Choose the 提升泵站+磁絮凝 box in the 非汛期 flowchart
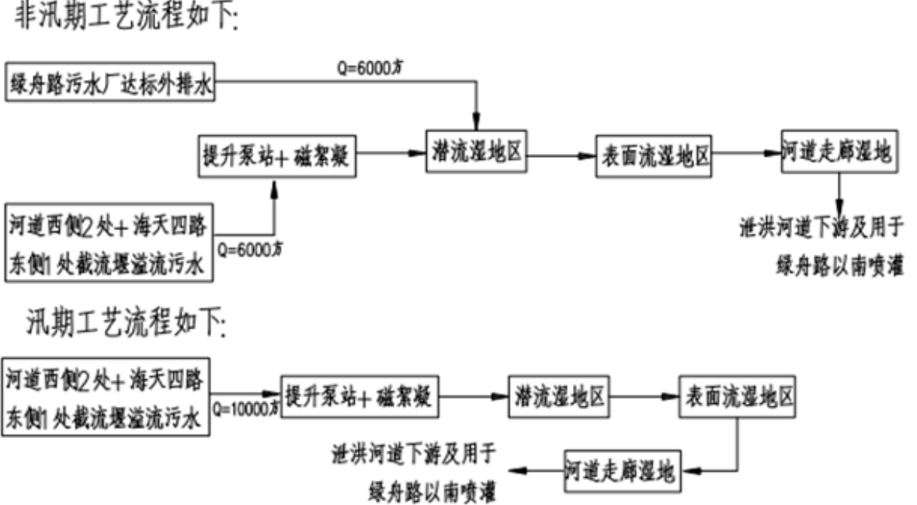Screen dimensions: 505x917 click(x=278, y=156)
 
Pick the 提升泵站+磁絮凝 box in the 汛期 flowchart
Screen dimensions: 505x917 click(x=360, y=397)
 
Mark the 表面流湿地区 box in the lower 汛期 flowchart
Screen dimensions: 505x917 click(x=737, y=397)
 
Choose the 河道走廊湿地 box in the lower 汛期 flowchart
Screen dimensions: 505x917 click(x=622, y=470)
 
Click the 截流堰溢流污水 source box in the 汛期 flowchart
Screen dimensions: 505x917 click(x=106, y=395)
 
